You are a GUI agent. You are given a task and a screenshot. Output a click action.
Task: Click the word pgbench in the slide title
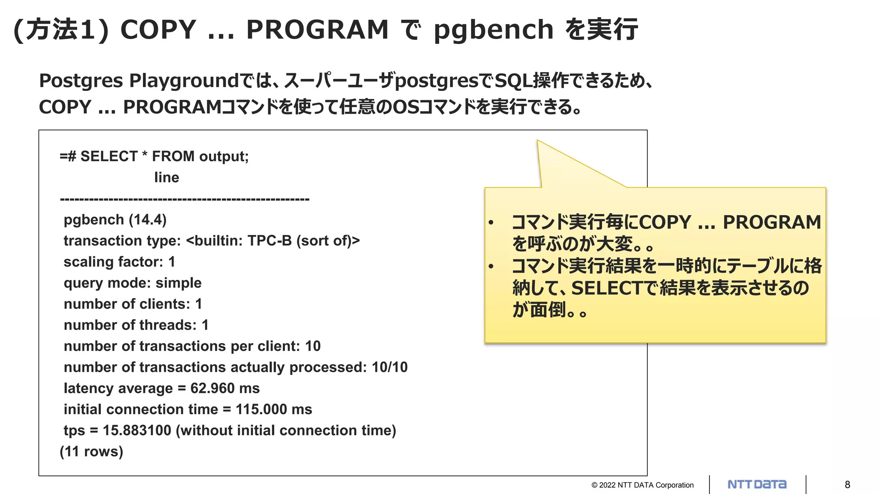[494, 30]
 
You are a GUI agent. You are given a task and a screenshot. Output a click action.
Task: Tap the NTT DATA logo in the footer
[757, 485]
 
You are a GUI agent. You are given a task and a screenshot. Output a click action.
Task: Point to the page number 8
[847, 485]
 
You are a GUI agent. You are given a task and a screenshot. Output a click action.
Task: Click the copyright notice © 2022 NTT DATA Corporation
[642, 485]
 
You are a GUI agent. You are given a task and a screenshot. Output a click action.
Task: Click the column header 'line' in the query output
[167, 178]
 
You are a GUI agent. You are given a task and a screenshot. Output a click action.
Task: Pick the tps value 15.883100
[137, 431]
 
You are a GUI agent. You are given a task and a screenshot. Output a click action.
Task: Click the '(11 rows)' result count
[91, 452]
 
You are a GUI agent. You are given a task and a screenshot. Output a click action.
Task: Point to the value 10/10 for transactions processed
[390, 367]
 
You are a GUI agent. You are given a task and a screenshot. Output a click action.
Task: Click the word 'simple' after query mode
[178, 283]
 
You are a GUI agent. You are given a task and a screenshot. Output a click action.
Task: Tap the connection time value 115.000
[261, 410]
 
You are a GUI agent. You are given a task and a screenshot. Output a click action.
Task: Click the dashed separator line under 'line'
[185, 199]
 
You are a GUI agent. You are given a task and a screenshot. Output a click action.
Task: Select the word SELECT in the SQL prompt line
[109, 157]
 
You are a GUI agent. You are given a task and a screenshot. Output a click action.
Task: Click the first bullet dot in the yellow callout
[491, 223]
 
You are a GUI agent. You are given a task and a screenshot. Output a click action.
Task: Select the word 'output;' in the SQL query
[224, 157]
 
